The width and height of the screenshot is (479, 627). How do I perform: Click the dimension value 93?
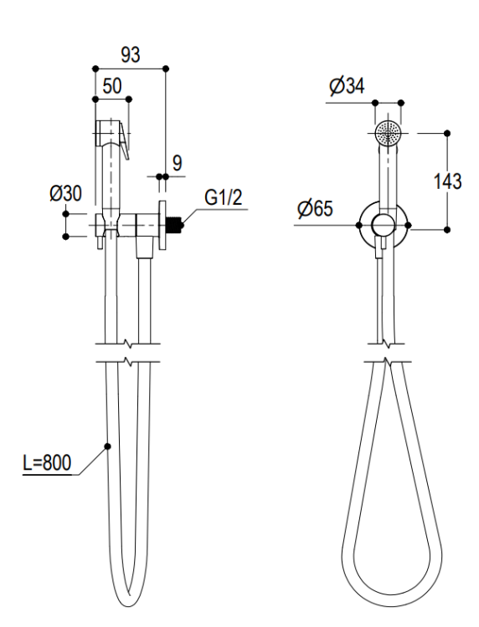point(131,55)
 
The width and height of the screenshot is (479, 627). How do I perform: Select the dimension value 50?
point(112,86)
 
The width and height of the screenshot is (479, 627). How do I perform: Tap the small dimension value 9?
point(177,163)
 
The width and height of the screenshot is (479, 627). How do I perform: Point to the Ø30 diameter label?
point(65,194)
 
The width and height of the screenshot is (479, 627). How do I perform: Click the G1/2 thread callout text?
point(224,197)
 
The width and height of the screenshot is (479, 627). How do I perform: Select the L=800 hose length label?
point(47,463)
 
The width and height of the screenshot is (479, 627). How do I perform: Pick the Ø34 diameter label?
point(348,86)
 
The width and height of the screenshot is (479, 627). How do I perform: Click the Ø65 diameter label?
point(315,208)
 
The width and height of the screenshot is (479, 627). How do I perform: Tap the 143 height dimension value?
point(448,181)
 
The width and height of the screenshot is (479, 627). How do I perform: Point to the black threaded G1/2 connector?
point(174,225)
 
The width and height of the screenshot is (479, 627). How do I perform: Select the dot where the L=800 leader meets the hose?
point(107,446)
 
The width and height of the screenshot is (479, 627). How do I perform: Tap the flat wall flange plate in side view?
point(162,225)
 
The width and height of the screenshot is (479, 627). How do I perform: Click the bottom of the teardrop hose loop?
point(392,610)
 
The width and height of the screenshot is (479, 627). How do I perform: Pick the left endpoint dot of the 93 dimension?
point(95,69)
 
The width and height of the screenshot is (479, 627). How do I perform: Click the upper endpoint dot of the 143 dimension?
point(447,133)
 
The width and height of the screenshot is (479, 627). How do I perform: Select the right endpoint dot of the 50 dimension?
point(129,99)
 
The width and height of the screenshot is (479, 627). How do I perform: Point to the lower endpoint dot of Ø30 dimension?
point(66,237)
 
